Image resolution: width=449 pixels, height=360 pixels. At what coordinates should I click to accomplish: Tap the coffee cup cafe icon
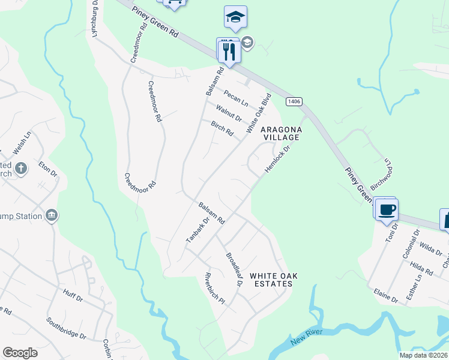[x=387, y=209]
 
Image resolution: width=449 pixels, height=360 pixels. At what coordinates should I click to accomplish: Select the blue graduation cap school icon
[x=235, y=19]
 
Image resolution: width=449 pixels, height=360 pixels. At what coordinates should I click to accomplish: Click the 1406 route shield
[x=293, y=102]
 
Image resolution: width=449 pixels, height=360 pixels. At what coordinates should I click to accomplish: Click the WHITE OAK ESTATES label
[x=274, y=280]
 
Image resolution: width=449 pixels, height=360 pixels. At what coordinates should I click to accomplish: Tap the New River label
[x=307, y=337]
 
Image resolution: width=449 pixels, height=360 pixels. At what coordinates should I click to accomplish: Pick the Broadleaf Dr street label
[x=233, y=268]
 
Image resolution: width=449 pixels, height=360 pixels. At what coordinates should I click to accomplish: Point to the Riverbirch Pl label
[x=214, y=288]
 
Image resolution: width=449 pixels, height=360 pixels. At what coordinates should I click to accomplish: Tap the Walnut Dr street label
[x=229, y=112]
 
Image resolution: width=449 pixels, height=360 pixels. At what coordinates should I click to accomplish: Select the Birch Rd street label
[x=221, y=128]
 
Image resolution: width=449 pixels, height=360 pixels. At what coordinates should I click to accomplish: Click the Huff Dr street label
[x=72, y=293]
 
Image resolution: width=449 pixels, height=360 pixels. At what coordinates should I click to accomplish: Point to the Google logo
[x=20, y=353]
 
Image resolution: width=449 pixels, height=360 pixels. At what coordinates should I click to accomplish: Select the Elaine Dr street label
[x=385, y=295]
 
